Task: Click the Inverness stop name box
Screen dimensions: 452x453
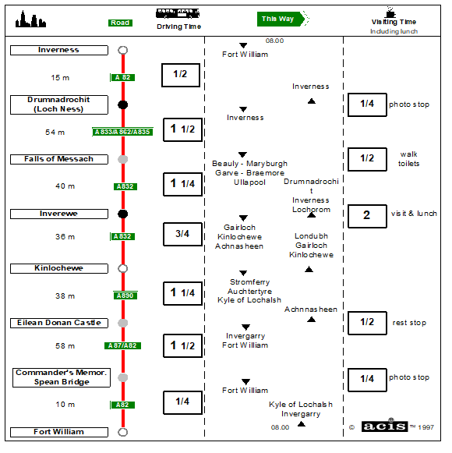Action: click(x=59, y=50)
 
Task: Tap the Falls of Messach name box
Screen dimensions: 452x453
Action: click(x=59, y=160)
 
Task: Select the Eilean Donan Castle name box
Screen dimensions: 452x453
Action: click(x=59, y=324)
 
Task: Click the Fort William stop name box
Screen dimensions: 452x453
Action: click(x=59, y=433)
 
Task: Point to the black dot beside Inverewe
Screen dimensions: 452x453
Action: click(x=123, y=214)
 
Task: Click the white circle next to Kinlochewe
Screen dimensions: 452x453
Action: click(x=123, y=265)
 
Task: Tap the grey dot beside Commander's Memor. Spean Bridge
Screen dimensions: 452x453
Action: click(x=123, y=378)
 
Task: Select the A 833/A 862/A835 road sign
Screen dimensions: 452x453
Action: click(x=122, y=132)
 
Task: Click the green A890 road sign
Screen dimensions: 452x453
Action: click(x=125, y=296)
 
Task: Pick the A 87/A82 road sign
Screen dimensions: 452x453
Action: click(x=122, y=346)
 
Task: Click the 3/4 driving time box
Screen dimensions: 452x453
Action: click(x=182, y=235)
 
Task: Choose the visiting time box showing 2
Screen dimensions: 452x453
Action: click(x=367, y=217)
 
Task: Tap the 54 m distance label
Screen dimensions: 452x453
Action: click(x=55, y=133)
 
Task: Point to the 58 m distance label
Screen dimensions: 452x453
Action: click(x=65, y=346)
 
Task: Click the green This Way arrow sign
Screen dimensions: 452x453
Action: click(x=283, y=19)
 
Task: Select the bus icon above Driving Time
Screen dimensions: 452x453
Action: click(x=178, y=13)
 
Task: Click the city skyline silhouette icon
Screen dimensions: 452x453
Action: click(x=30, y=19)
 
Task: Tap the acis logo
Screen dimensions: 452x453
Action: click(x=384, y=426)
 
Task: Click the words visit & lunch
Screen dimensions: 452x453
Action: click(x=414, y=214)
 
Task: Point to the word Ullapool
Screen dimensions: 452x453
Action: click(x=249, y=182)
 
